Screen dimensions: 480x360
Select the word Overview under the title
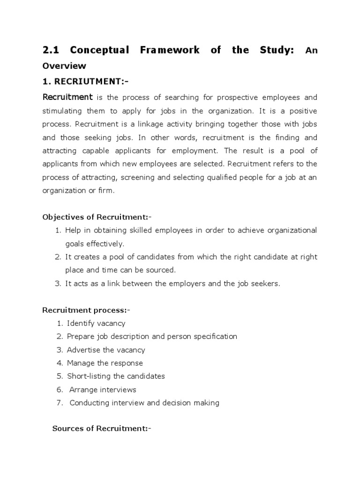(64, 66)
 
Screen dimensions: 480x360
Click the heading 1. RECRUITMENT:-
(85, 82)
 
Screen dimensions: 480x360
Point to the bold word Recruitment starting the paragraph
(67, 97)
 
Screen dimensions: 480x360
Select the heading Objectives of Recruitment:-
(97, 217)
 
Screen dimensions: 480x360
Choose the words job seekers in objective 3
(259, 284)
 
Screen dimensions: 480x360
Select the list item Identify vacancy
(96, 323)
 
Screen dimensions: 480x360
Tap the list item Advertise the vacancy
(106, 350)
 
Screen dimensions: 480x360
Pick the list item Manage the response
(105, 363)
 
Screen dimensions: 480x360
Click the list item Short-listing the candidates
(116, 376)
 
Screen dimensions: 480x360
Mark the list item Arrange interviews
(103, 390)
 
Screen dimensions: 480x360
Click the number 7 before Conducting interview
(60, 403)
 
